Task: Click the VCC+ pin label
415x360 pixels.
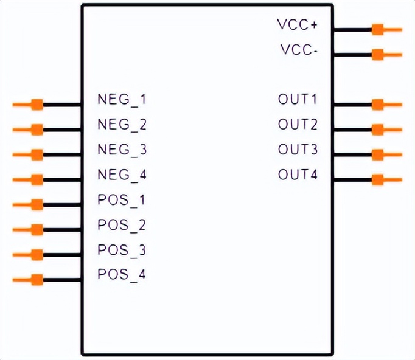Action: tap(298, 25)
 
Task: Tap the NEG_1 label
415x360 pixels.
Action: tap(122, 99)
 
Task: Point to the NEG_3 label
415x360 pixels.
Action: tap(122, 150)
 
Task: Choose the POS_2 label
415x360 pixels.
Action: tap(122, 224)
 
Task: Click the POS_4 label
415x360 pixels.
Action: tap(122, 274)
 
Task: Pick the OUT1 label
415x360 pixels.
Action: tap(298, 99)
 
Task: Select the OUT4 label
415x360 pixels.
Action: tap(298, 175)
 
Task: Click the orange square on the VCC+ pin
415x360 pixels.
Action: tap(377, 29)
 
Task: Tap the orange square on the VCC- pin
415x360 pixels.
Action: tap(377, 55)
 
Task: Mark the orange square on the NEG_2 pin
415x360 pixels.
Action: tap(37, 130)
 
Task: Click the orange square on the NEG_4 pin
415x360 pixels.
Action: tap(37, 179)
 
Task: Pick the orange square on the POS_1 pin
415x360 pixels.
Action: tap(37, 204)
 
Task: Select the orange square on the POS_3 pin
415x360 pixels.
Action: tap(37, 254)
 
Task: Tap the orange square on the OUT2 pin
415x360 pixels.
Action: tap(377, 130)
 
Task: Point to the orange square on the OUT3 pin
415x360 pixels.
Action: tap(377, 154)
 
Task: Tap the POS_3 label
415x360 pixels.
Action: tap(122, 249)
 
